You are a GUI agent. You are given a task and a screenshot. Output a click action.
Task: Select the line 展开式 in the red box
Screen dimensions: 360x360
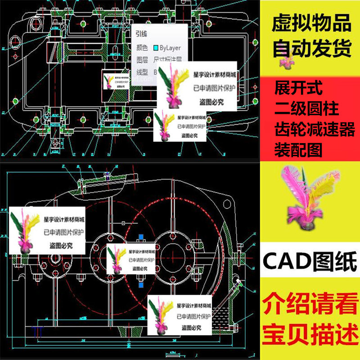click(298, 88)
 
